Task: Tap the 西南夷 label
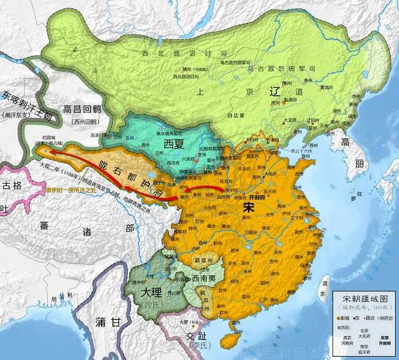[205, 278]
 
